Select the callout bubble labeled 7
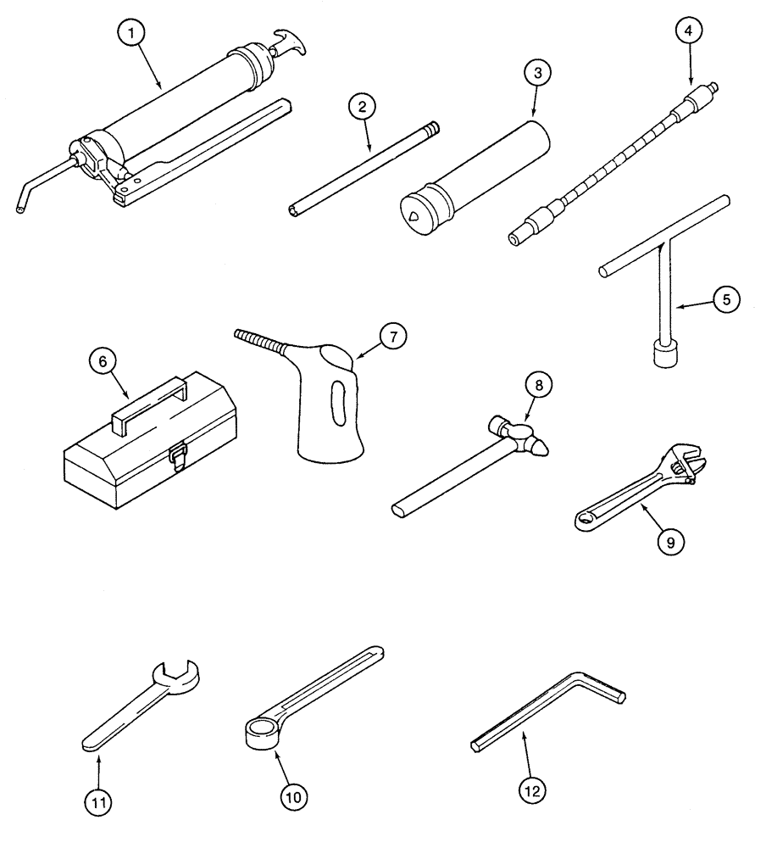click(392, 337)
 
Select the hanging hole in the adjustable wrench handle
click(585, 516)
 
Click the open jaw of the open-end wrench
click(179, 675)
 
